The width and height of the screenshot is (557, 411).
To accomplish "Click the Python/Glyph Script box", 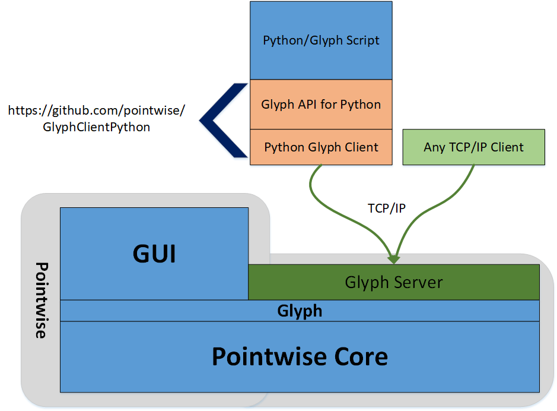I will point(321,40).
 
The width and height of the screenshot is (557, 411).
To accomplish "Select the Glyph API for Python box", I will point(321,105).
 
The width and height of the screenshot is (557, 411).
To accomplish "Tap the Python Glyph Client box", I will point(321,147).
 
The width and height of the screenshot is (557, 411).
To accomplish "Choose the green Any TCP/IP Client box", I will point(473,147).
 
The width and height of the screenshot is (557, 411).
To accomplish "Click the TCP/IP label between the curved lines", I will point(386,208).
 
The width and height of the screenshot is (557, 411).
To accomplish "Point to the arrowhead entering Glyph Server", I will point(393,260).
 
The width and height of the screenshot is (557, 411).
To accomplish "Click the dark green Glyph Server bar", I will point(393,282).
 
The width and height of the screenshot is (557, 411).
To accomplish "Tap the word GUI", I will point(154,254).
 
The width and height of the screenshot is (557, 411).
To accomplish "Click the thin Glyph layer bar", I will point(300,311).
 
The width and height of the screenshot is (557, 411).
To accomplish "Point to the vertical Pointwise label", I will point(40,300).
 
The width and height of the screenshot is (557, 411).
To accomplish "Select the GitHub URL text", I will point(97,118).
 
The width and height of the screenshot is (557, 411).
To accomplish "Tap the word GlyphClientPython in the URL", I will point(97,127).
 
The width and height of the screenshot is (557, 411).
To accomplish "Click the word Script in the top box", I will point(360,41).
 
